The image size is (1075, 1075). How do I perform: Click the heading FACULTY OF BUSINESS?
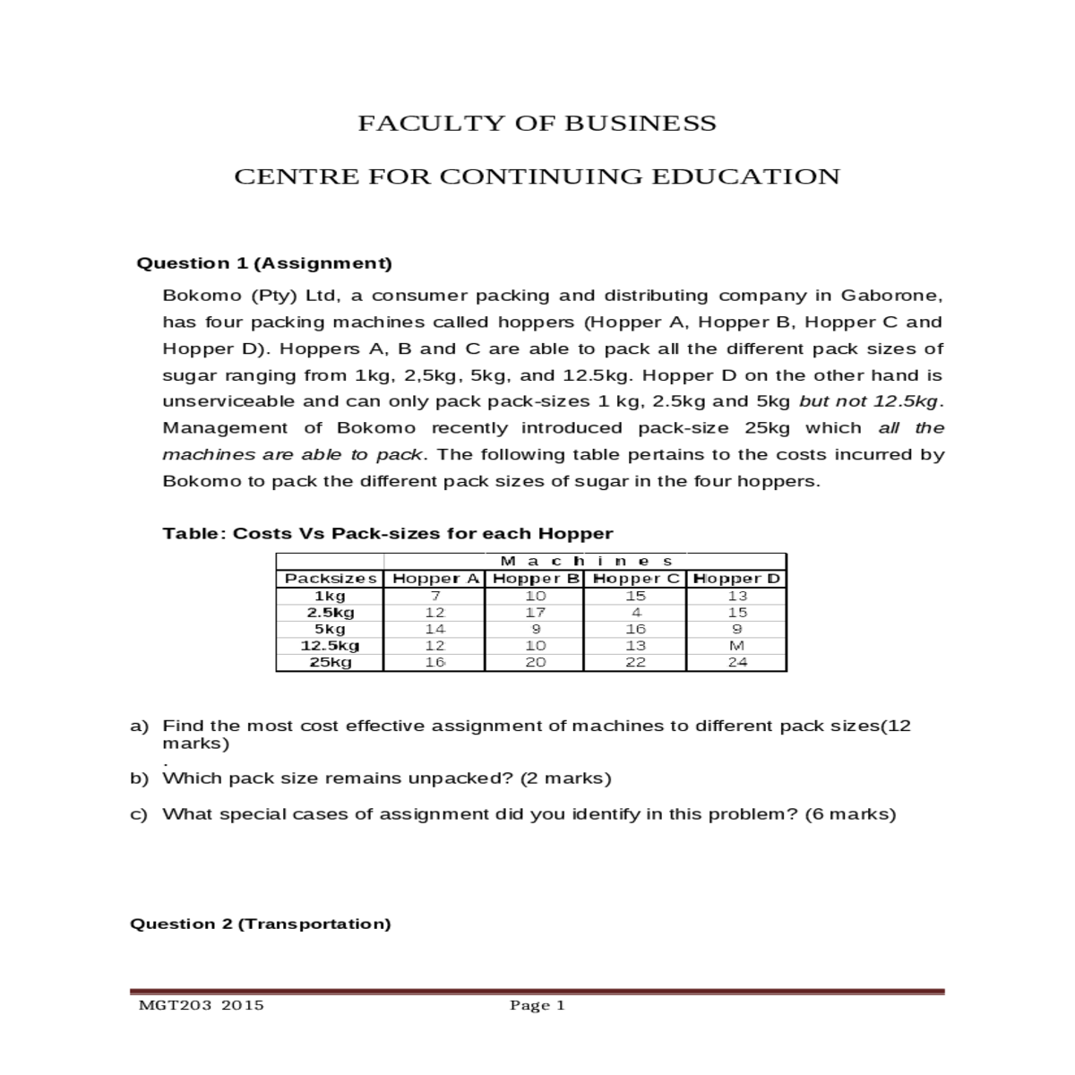point(537,124)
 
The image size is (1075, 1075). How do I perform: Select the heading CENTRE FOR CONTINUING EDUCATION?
point(537,176)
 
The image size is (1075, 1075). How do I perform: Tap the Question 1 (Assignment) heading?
point(263,263)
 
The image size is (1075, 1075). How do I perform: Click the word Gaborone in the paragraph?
point(891,296)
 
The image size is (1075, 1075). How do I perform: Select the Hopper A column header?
point(434,579)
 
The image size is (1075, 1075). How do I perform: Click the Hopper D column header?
point(736,579)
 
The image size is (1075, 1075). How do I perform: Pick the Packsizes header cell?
point(330,579)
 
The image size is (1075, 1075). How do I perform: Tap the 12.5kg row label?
point(330,646)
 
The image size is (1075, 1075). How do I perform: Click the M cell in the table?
point(737,646)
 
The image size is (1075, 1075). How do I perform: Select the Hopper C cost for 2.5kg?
point(635,613)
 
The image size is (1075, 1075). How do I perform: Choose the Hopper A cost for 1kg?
point(434,596)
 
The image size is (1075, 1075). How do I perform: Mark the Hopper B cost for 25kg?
point(535,663)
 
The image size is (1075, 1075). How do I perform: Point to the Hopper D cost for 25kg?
point(737,663)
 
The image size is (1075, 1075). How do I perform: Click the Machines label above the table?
point(586,562)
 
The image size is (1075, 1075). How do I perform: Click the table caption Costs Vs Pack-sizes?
point(387,534)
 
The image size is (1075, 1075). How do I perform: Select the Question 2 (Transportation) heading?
point(261,924)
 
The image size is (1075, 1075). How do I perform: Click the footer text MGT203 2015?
point(202,1005)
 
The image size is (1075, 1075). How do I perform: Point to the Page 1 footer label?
point(537,1005)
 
